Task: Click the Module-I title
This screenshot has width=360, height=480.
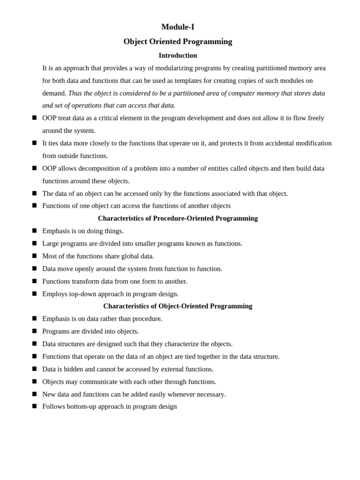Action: [178, 27]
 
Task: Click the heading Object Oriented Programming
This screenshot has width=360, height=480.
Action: [178, 42]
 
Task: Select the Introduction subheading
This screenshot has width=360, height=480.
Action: [178, 55]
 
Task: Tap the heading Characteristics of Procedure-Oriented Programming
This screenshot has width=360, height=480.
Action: [178, 218]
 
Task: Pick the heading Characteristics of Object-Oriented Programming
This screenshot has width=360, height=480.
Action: [178, 306]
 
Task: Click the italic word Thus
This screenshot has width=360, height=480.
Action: [75, 93]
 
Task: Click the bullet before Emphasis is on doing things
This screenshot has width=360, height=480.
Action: [34, 231]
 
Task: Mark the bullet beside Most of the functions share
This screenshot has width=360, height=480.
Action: [34, 256]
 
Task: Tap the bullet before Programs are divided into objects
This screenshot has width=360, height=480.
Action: [34, 331]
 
